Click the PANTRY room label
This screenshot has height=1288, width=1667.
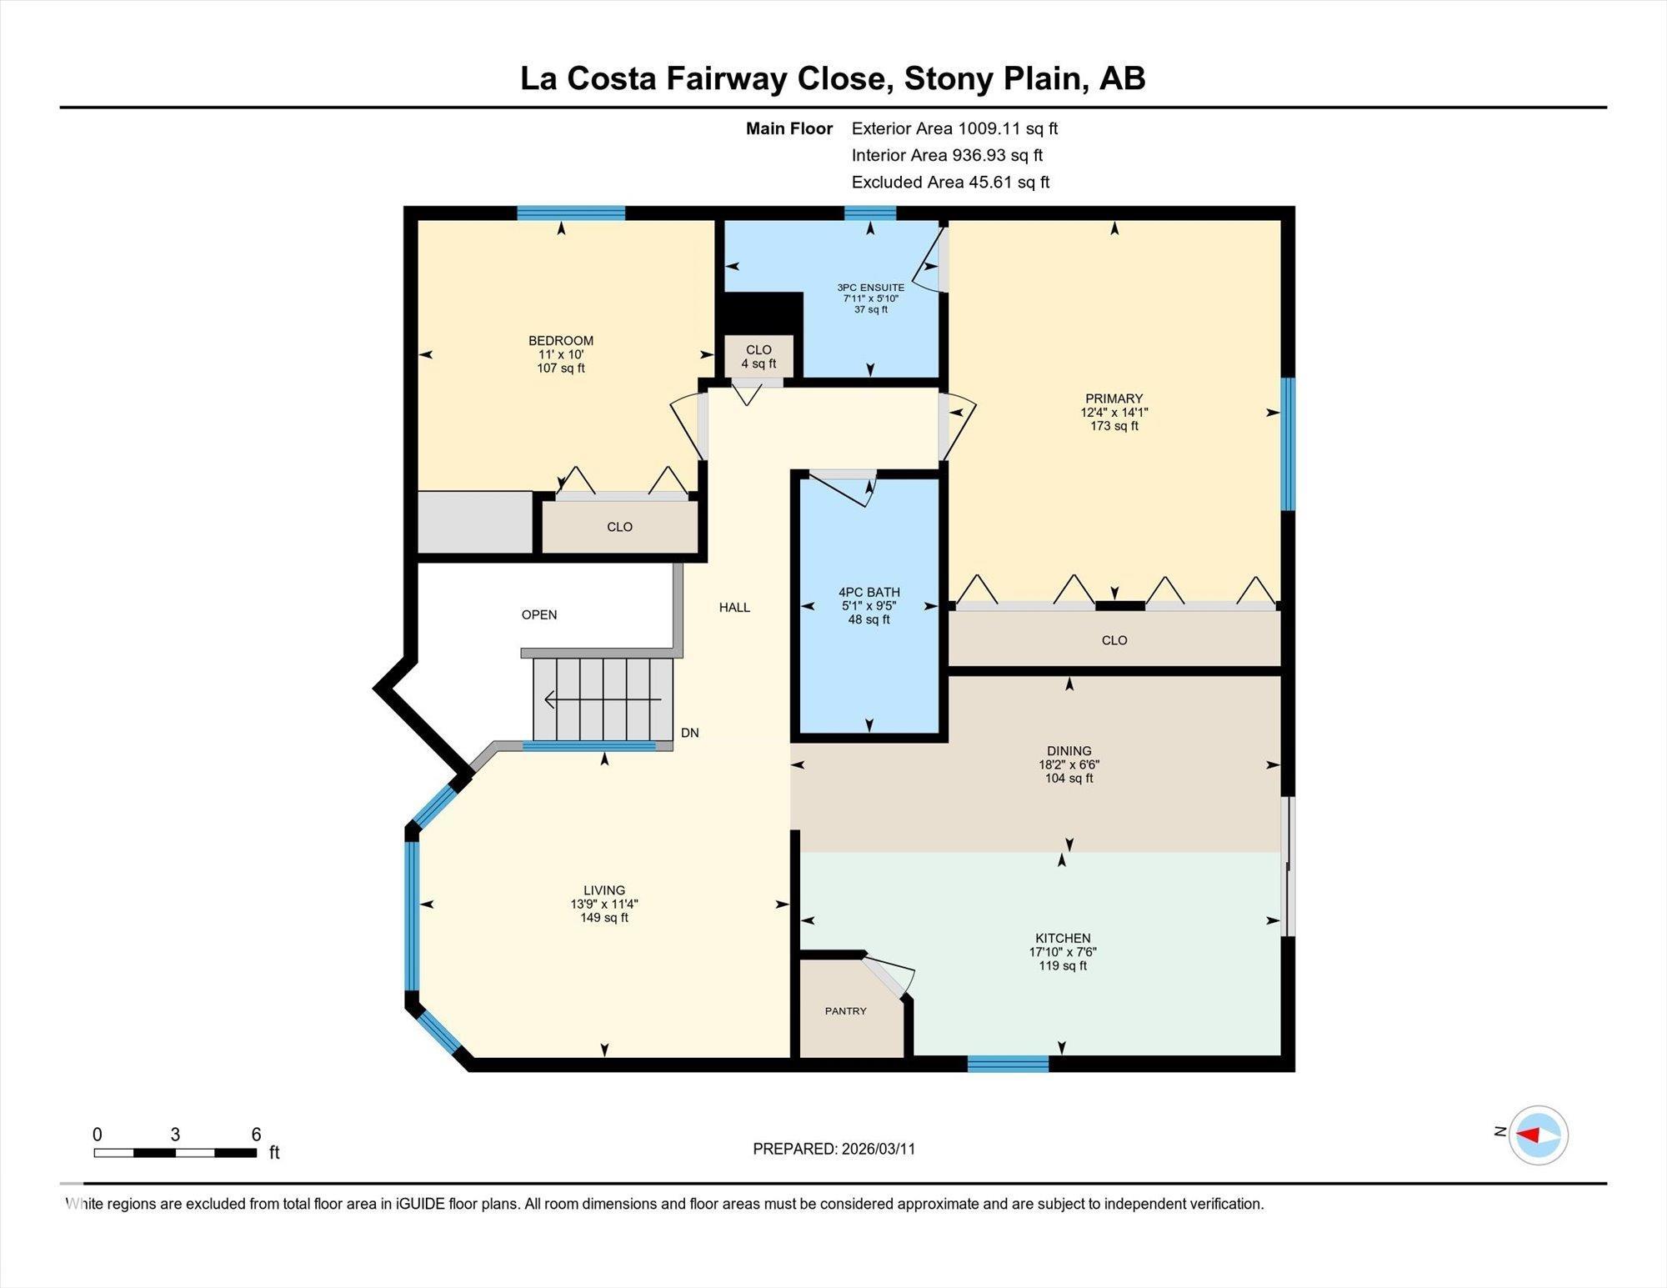[845, 1010]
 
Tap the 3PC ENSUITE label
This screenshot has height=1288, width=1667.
[870, 288]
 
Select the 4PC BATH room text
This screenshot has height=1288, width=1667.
[869, 592]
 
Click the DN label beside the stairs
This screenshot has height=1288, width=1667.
[689, 733]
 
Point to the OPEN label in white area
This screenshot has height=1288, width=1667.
[539, 614]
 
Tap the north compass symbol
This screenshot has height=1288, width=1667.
[1538, 1135]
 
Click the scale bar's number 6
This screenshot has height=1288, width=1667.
[256, 1134]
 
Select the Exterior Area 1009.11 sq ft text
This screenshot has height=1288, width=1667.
[954, 128]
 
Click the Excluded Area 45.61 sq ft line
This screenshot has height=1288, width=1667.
[950, 182]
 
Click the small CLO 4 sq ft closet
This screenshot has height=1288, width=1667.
[758, 356]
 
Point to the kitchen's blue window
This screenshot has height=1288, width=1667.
[1008, 1063]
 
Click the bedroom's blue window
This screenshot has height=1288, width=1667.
[571, 213]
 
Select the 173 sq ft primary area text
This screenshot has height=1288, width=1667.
[1114, 426]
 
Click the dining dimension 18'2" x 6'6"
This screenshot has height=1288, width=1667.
[1069, 764]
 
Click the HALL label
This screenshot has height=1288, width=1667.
[734, 608]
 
